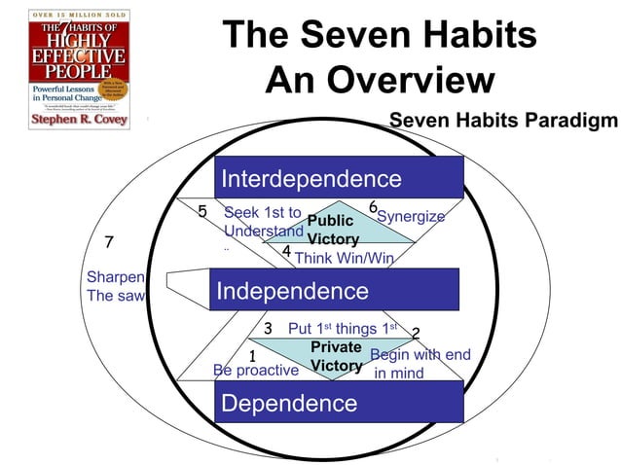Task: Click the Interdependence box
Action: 339,178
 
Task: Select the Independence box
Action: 336,290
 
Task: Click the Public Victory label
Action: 331,230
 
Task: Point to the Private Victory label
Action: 337,357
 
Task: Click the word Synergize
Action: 411,216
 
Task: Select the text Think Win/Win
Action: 344,258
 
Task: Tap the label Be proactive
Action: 255,371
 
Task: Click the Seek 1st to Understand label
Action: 263,222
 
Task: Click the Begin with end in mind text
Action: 420,363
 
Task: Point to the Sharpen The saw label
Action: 115,286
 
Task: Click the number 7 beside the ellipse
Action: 109,242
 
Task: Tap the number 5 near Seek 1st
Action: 202,212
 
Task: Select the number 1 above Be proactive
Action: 252,355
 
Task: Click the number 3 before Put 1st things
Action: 268,328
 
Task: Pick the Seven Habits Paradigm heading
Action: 503,121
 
